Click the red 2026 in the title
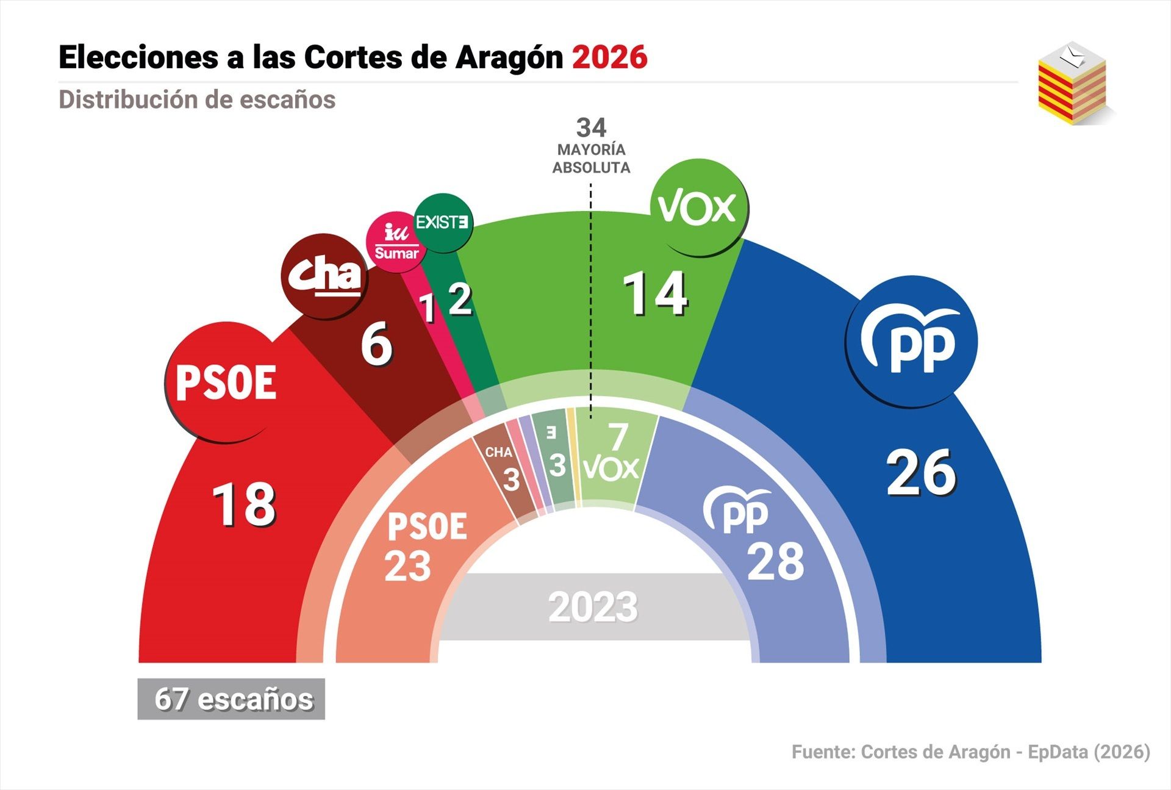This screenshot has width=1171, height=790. pos(609,58)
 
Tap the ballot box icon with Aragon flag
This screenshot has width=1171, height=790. pos(1073,84)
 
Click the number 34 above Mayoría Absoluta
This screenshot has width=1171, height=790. pos(591,127)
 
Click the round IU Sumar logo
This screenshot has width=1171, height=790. pos(396,242)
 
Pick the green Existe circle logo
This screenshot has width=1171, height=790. pos(443,223)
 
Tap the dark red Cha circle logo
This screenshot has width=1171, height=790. pos(325,276)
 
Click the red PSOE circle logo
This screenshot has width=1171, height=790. pos(226,382)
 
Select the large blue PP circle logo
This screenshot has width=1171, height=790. pos(911,342)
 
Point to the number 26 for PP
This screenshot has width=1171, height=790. pos(921,473)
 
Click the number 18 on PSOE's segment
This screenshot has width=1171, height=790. pos(244,505)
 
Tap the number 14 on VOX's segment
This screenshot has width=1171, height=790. pos(655,295)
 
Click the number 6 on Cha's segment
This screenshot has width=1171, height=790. pos(376,345)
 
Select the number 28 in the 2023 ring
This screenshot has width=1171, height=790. pos(775,562)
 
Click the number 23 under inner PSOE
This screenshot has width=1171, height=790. pos(407,566)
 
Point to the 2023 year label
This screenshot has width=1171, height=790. pos(593,608)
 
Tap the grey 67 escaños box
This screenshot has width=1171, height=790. pos(231,699)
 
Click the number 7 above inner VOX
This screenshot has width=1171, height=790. pos(618,437)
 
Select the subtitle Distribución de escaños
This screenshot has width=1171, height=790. pos(197,99)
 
